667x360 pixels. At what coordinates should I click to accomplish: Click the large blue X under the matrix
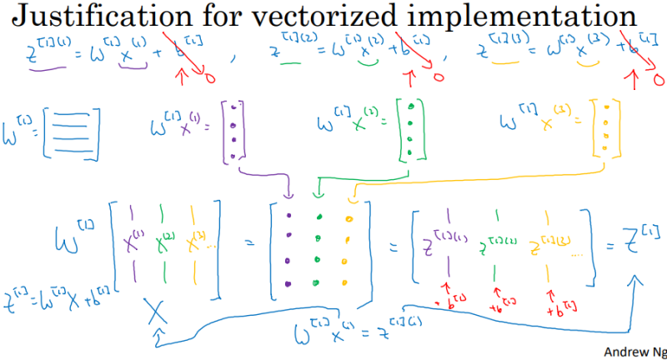pos(156,313)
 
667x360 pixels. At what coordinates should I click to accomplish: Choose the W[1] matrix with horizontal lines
pos(72,129)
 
